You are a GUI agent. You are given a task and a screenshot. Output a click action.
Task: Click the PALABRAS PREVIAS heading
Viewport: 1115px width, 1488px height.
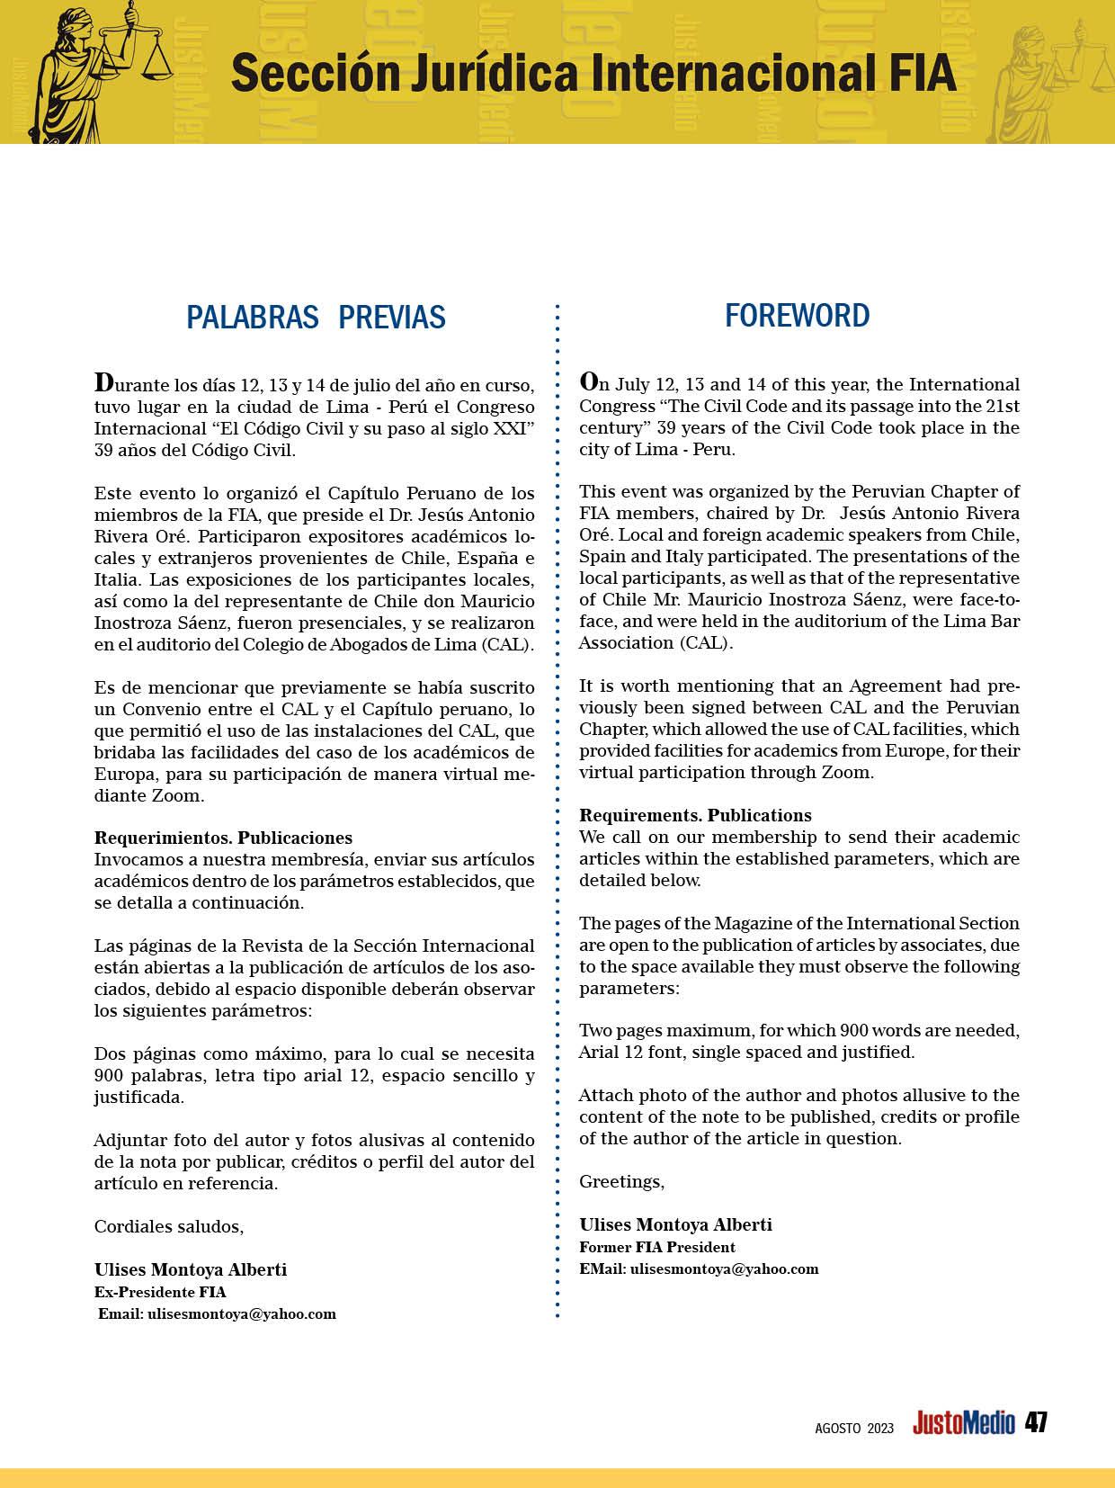tap(316, 318)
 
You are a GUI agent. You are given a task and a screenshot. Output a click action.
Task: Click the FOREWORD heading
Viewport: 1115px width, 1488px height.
tap(797, 316)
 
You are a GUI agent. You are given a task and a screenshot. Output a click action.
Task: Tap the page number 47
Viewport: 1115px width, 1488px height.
tap(1036, 1422)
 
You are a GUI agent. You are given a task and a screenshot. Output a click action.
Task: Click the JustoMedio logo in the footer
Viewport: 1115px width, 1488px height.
tap(963, 1423)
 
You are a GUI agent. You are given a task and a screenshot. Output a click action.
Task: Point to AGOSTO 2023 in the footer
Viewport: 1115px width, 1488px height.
tap(854, 1428)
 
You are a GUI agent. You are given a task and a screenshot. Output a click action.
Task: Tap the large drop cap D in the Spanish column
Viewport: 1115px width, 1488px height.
tap(105, 382)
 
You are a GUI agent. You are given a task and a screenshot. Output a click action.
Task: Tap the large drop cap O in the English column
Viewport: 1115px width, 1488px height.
tap(590, 381)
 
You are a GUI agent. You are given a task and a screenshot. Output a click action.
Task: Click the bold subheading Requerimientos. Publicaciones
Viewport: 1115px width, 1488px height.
tap(223, 838)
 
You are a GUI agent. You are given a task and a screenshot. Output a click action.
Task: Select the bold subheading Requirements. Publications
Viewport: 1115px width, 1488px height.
tap(695, 815)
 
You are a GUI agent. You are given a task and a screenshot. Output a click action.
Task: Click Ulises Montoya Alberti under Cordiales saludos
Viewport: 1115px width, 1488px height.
tap(191, 1269)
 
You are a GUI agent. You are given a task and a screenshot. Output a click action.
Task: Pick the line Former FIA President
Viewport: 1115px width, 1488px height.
tap(657, 1247)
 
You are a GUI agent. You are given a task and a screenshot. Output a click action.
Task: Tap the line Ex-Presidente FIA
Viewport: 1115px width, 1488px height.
tap(160, 1292)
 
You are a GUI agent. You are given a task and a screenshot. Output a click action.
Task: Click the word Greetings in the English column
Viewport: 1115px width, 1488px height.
tap(621, 1181)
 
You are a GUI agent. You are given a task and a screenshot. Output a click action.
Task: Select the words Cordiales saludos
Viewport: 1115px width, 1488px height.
tap(169, 1226)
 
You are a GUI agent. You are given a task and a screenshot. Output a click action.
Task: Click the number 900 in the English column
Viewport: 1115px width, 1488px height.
tap(853, 1030)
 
